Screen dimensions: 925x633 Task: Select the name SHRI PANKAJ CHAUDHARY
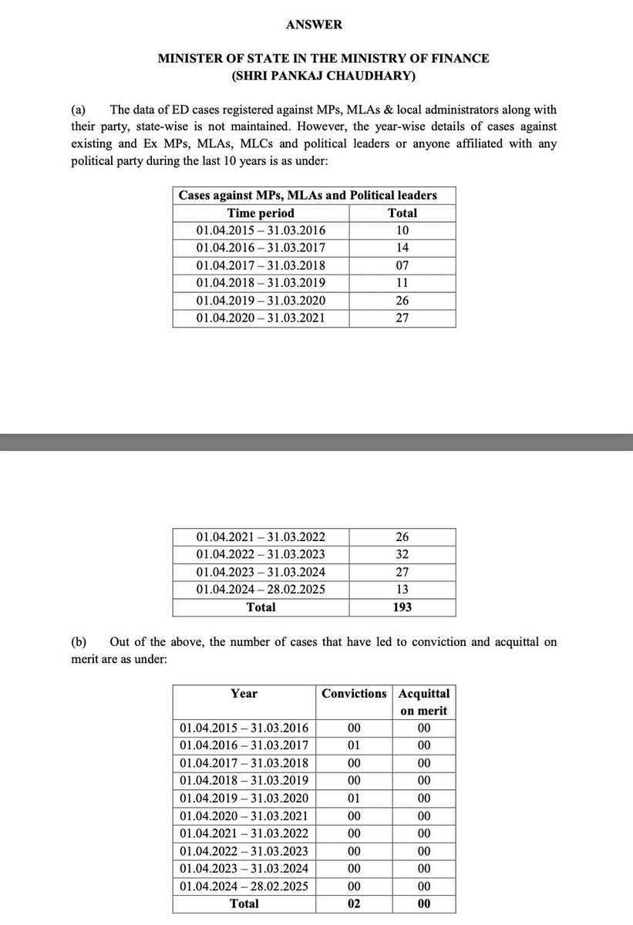coord(318,76)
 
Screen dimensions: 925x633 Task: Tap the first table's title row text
coord(308,195)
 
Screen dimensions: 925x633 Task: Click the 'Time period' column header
coord(261,213)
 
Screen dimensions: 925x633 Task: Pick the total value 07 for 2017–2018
coord(402,265)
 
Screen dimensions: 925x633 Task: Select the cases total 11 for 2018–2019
coord(402,283)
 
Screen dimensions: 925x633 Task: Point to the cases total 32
coord(402,554)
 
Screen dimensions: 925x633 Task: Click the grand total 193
coord(402,607)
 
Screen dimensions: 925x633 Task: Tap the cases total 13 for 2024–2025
coord(402,589)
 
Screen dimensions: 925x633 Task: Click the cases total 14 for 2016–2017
coord(402,247)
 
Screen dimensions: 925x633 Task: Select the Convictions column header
coord(354,694)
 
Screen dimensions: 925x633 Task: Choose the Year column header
coord(244,694)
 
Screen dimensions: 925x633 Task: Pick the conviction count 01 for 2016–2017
coord(354,745)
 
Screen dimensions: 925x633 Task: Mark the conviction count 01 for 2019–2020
coord(354,798)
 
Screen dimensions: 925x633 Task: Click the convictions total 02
coord(354,903)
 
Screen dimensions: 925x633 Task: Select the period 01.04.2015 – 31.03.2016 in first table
coord(261,230)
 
